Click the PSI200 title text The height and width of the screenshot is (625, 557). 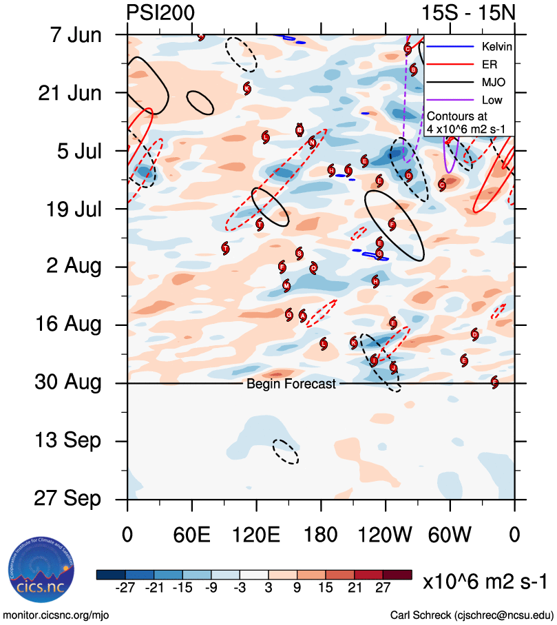click(x=160, y=12)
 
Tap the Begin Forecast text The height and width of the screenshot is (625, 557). click(x=291, y=384)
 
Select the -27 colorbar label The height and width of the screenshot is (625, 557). click(x=126, y=588)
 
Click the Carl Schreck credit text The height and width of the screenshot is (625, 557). click(x=472, y=614)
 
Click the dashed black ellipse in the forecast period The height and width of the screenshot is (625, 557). click(x=285, y=451)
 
